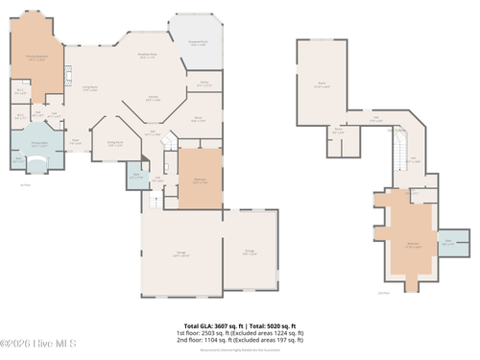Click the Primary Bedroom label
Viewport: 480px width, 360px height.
click(36, 59)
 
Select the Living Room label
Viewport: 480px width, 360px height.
click(90, 89)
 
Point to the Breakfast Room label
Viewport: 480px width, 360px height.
click(147, 57)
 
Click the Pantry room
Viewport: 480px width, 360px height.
click(204, 84)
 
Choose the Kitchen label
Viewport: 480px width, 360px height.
click(152, 98)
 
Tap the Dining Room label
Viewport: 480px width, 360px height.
click(115, 144)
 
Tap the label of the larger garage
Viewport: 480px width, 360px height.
click(180, 254)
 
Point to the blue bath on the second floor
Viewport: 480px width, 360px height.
click(452, 242)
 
